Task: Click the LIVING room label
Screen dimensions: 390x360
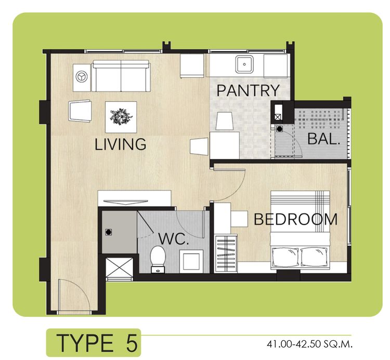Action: (121, 144)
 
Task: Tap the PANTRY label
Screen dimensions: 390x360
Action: (248, 90)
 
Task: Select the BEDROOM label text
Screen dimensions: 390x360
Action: (296, 219)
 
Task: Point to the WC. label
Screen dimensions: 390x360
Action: (173, 239)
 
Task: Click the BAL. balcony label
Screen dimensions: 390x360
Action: (324, 139)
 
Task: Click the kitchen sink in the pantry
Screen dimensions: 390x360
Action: (244, 64)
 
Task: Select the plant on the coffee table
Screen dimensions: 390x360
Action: (121, 116)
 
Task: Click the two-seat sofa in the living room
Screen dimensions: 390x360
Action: (121, 76)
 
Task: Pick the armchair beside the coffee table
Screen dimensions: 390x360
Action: (80, 111)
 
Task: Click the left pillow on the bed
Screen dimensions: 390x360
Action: (285, 257)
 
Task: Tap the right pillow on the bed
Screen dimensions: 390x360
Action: (314, 257)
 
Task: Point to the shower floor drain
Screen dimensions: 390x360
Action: (109, 232)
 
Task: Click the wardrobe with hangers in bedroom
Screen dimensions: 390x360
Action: (226, 253)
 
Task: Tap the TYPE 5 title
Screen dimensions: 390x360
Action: (97, 343)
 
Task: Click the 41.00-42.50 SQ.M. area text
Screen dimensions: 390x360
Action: (310, 344)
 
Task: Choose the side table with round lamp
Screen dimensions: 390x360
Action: (82, 77)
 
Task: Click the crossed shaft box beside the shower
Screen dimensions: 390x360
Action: (119, 269)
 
